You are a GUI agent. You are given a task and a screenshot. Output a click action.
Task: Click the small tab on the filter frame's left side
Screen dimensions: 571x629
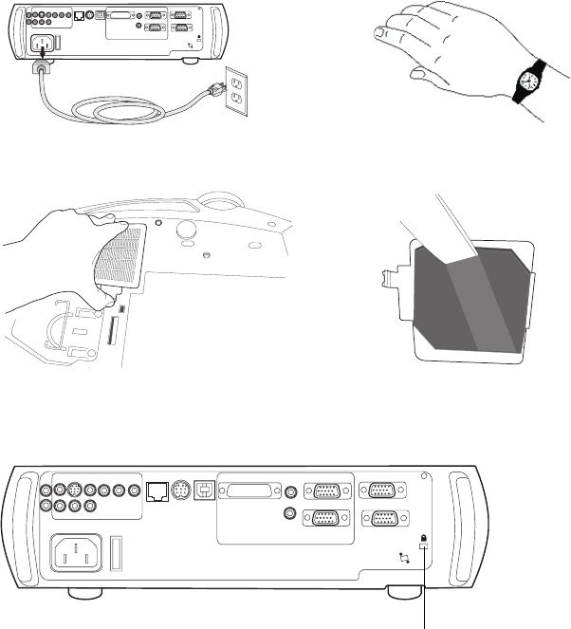387,278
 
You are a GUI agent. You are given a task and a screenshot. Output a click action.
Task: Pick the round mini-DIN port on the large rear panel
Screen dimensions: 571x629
180,491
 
